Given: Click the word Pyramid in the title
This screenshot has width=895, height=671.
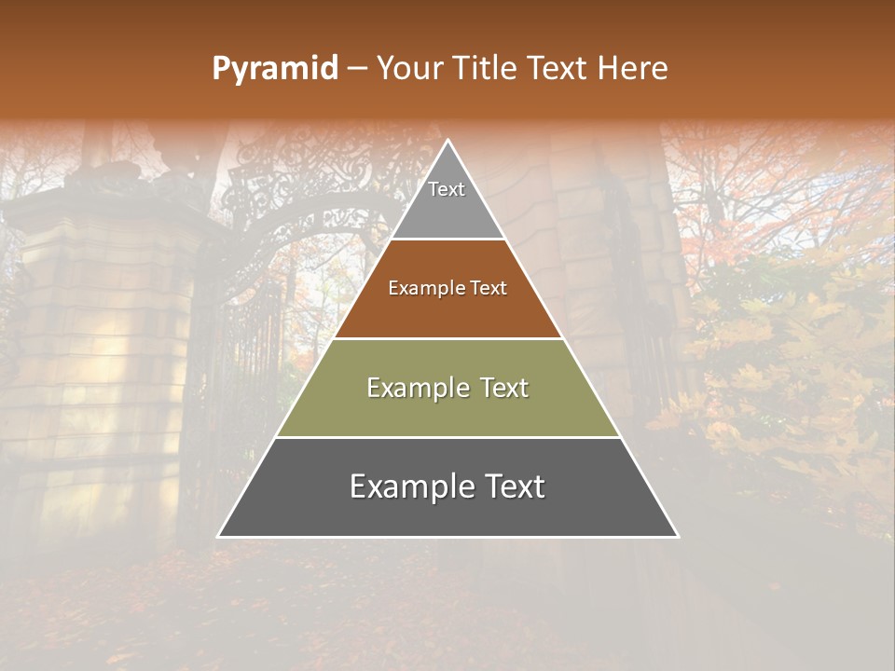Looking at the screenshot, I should (274, 69).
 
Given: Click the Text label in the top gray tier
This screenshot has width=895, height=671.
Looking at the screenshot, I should (447, 189).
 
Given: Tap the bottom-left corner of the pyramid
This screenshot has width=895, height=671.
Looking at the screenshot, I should (218, 536).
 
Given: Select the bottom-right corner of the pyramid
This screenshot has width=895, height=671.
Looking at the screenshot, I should (678, 536).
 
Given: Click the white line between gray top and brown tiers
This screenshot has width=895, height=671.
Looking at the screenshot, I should (447, 240).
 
